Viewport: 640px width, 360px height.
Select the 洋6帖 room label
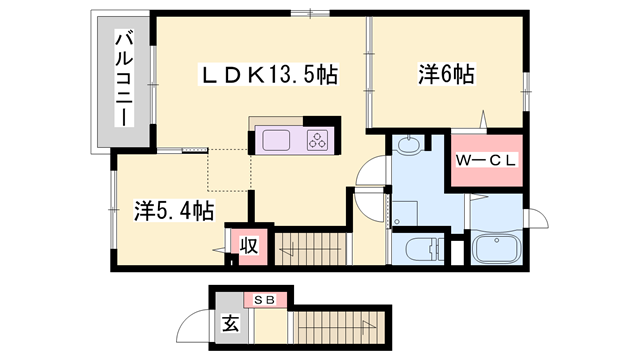point(445,74)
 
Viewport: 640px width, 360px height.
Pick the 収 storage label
point(247,245)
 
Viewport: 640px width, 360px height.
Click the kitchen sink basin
point(276,140)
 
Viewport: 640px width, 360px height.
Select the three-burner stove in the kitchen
point(318,140)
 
